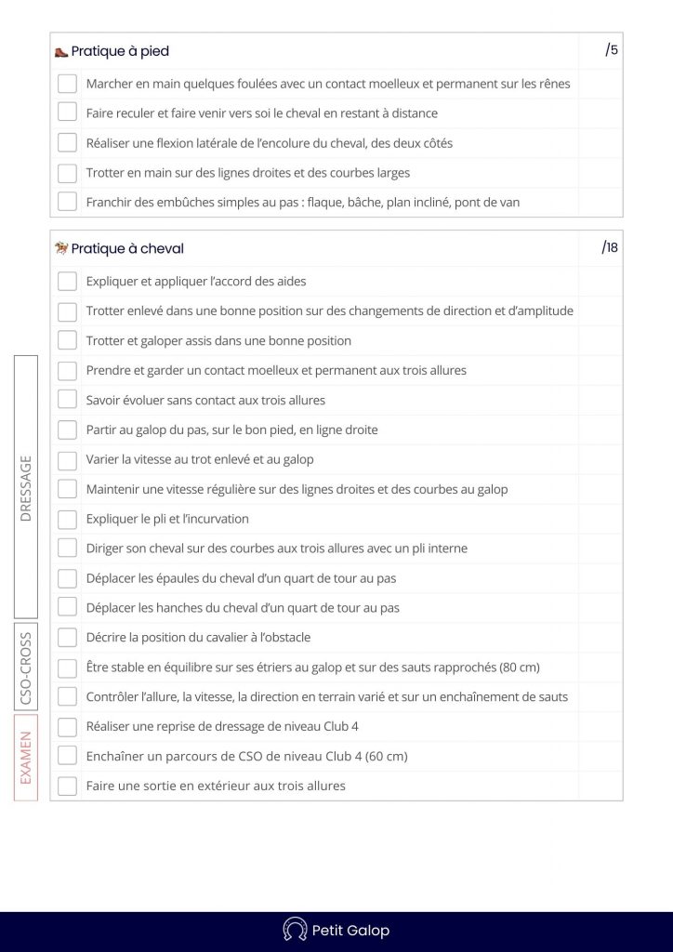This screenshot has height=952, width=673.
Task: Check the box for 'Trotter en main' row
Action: pos(67,173)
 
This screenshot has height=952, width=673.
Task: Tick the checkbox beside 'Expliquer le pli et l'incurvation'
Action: pos(67,519)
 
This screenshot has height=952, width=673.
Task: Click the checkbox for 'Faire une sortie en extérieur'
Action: pos(67,786)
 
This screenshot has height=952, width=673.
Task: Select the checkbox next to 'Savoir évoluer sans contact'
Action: pos(67,400)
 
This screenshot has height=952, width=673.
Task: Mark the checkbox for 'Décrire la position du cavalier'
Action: pos(67,638)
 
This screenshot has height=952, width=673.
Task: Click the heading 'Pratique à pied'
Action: pos(120,52)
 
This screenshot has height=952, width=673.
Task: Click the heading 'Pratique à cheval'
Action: pos(127,248)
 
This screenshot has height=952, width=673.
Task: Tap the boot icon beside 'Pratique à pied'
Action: pos(61,52)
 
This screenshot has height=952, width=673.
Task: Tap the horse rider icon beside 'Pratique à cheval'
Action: pos(61,248)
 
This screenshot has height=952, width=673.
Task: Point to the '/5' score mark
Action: pos(612,50)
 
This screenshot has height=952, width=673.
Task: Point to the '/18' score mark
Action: pos(610,247)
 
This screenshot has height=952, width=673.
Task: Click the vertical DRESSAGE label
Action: pos(26,487)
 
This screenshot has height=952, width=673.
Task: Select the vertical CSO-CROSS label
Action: pos(26,668)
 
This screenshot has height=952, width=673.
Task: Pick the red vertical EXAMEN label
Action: pos(26,757)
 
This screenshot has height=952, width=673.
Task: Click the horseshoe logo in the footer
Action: pos(295,930)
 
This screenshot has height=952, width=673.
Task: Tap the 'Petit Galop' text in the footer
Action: pos(350,931)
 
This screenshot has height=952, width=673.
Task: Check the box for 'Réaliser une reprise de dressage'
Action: pos(67,727)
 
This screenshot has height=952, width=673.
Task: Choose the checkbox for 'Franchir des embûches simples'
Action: pos(67,202)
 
